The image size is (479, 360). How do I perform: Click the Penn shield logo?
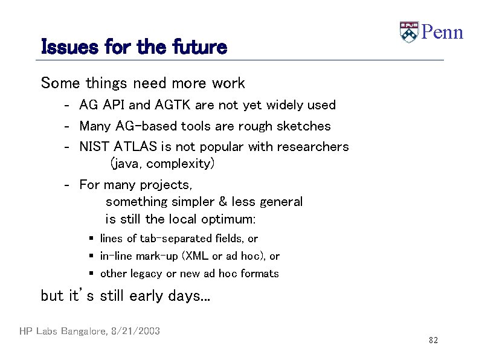[409, 32]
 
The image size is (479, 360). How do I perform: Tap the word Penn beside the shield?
[442, 32]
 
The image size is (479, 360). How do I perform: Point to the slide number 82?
[433, 341]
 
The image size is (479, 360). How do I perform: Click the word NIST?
[94, 147]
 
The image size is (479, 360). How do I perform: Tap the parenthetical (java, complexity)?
[162, 164]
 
